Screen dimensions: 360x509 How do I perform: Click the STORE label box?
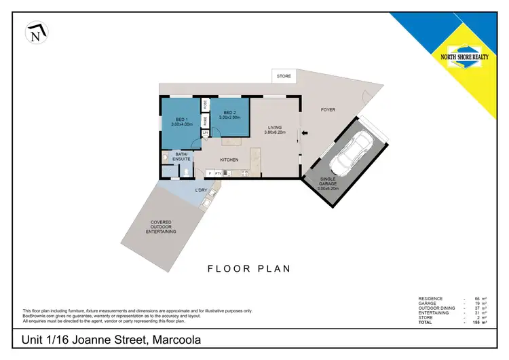point(284,76)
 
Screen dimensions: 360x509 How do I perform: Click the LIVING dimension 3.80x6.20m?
point(275,132)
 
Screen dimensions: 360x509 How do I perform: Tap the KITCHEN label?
point(229,160)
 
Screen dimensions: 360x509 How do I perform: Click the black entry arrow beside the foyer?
point(305,133)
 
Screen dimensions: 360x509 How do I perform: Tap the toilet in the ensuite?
point(187,172)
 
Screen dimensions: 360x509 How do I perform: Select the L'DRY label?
point(201,190)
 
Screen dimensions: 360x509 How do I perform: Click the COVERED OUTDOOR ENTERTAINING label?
point(161,227)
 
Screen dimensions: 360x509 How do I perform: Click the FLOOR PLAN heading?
point(248,268)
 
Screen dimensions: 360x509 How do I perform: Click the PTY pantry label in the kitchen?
point(217,174)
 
